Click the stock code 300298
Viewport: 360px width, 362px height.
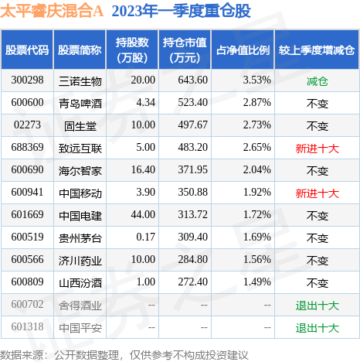coord(27,80)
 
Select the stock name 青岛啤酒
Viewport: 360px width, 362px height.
coord(80,104)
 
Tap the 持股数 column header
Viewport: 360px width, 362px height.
coord(132,50)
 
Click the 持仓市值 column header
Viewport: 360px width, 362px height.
coord(185,50)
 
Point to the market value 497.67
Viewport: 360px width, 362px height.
coord(192,125)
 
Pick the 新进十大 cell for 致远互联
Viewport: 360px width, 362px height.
coord(318,149)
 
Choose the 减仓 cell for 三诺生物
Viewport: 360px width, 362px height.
coord(318,81)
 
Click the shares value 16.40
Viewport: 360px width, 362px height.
coord(143,170)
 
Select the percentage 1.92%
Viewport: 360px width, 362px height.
coord(257,193)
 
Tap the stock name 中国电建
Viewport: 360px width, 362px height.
coord(80,216)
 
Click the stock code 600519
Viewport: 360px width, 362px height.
coord(27,237)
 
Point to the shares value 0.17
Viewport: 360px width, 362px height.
coord(146,237)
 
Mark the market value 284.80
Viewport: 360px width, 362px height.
coord(192,260)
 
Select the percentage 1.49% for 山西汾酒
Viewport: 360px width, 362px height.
coord(257,282)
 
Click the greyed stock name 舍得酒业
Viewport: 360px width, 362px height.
coord(80,306)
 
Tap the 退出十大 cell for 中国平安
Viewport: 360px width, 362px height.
coord(318,328)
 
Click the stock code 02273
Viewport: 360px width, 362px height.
coord(27,125)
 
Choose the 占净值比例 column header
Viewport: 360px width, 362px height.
coord(243,50)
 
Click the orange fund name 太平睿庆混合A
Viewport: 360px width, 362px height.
coord(52,11)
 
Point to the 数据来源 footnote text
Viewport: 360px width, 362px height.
coord(124,355)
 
